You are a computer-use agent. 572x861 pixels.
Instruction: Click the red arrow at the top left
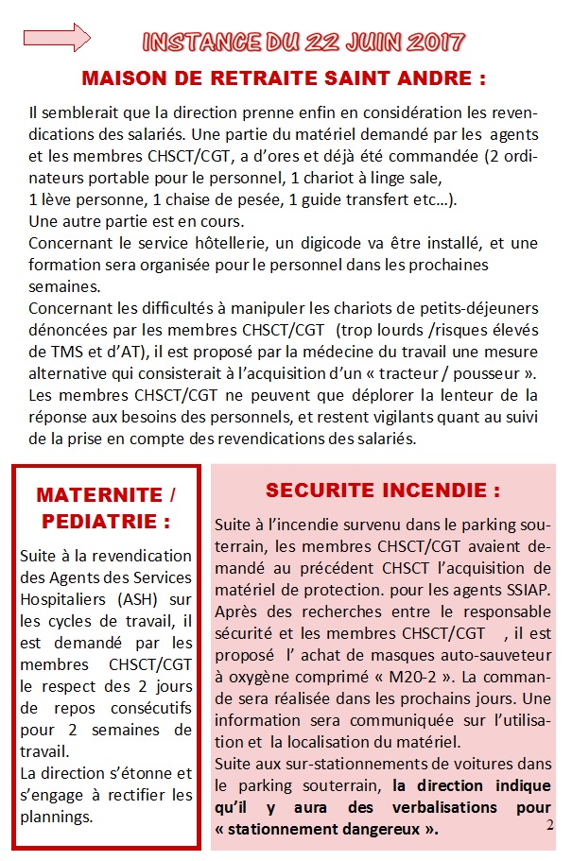point(56,38)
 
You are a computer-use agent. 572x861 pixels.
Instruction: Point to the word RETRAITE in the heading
point(260,77)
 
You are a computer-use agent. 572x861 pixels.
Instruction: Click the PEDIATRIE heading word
point(106,521)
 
